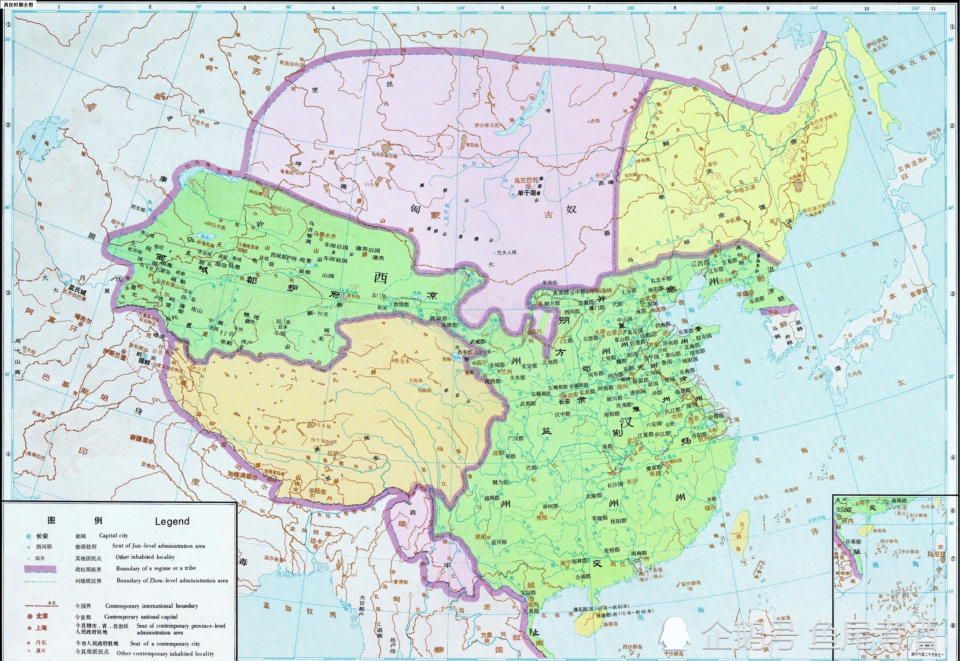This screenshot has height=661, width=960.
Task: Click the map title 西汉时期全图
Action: (18, 5)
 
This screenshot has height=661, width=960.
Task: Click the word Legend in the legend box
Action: (172, 521)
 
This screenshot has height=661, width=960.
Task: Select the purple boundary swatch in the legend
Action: (40, 569)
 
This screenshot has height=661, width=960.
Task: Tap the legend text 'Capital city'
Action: (114, 536)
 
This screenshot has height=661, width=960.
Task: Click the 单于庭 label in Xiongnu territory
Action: (527, 193)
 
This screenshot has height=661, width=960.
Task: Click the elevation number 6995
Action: (242, 250)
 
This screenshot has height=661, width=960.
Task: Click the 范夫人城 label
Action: (507, 252)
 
